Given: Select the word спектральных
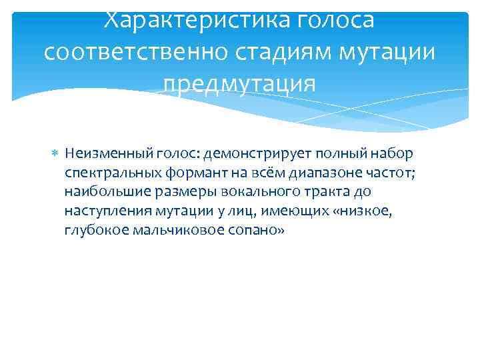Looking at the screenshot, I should [x=106, y=173].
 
